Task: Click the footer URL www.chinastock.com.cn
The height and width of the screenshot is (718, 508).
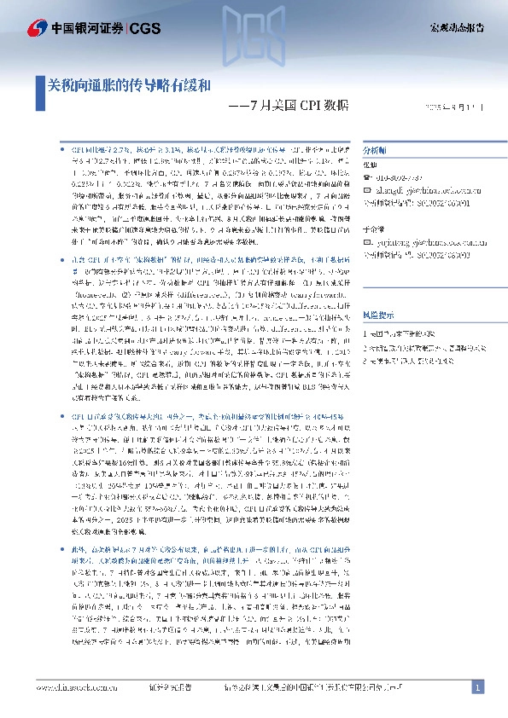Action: click(x=77, y=686)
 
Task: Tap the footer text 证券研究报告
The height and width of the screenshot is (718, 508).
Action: click(x=170, y=686)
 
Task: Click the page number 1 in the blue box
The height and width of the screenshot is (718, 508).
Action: click(x=478, y=686)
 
